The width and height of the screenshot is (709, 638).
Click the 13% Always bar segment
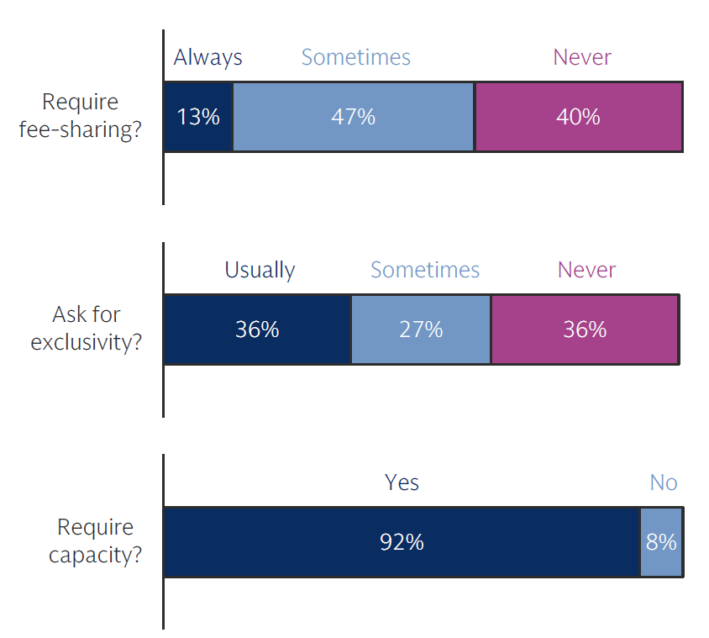click(x=197, y=116)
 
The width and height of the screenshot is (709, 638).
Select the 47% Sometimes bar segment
click(x=354, y=116)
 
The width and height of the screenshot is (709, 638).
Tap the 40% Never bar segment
click(x=579, y=116)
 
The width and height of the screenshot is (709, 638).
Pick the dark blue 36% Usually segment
click(x=257, y=329)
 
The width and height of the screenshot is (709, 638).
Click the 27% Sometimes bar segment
click(x=421, y=329)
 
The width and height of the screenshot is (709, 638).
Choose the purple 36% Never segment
click(x=585, y=329)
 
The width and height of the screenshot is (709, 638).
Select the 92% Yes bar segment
click(x=402, y=542)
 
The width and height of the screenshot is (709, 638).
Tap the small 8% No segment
click(x=661, y=542)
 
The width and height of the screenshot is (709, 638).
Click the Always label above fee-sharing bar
click(x=207, y=57)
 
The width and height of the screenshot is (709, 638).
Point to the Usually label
click(x=260, y=270)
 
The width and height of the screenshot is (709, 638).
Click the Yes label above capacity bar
click(x=402, y=482)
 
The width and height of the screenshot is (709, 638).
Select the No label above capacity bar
click(x=663, y=482)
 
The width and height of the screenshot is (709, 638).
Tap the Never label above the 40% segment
click(x=581, y=57)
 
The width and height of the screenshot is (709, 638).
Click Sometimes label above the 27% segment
click(x=424, y=270)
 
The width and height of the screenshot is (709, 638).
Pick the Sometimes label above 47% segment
click(x=355, y=57)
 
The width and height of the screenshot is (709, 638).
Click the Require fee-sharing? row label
click(x=80, y=116)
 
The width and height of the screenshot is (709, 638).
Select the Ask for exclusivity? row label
click(x=87, y=329)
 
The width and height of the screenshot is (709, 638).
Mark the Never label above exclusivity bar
click(x=586, y=270)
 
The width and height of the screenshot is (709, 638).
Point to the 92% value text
click(x=402, y=542)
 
